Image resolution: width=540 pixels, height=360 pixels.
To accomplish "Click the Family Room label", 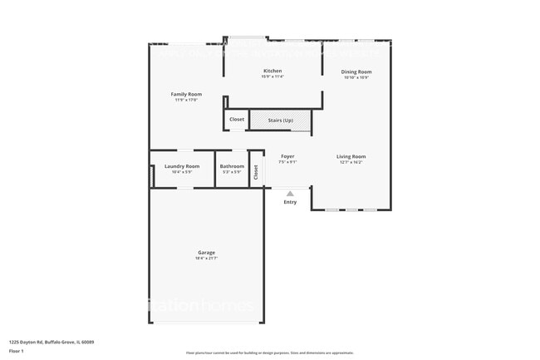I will click(186, 94).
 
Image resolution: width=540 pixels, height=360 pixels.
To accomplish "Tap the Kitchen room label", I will click(272, 71).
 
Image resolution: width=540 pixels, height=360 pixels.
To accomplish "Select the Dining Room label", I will click(356, 72).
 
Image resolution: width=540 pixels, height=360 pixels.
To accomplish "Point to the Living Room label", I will click(351, 156).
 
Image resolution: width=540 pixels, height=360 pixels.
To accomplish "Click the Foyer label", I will click(287, 156).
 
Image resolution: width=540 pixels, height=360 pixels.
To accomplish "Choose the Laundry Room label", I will click(181, 166).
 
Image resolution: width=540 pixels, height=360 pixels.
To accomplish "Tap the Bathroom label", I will click(232, 166).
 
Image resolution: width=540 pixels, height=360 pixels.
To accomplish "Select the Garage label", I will click(206, 252).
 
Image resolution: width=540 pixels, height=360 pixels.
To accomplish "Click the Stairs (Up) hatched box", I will click(280, 120).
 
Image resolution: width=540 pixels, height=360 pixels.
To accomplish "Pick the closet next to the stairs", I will click(237, 120).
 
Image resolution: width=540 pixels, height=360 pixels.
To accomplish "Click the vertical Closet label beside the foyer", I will click(256, 171).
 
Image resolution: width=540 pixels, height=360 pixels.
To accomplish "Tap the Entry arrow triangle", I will click(290, 194).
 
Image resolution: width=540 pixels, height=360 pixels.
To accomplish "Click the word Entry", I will click(290, 202).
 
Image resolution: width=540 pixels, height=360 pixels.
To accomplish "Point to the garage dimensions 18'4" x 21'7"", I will click(206, 258).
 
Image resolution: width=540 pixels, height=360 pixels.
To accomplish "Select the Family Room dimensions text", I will click(186, 100).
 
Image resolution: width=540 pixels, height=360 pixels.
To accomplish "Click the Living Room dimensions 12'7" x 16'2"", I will click(351, 162).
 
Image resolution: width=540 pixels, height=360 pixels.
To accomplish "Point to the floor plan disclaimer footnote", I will click(269, 353).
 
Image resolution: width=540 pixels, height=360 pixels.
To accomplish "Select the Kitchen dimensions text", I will click(272, 76).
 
